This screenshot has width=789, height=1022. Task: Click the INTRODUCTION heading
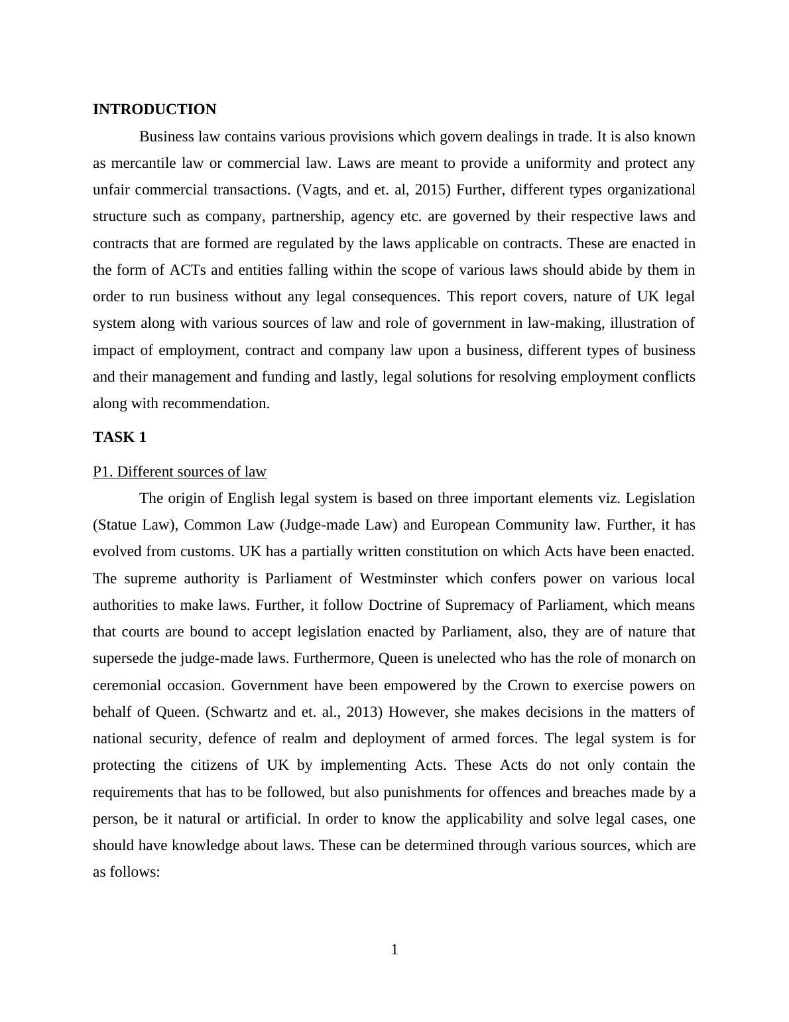coord(154,110)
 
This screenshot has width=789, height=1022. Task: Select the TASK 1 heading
coord(119,437)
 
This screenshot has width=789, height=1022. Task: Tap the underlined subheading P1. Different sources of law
coord(180,472)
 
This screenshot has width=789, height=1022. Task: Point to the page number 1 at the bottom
coord(394,950)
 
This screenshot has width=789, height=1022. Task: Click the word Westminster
coord(398,579)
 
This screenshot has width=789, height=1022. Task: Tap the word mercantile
coord(143,163)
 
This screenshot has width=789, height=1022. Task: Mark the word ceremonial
coord(125,686)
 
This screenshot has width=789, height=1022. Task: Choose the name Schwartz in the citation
coord(239,712)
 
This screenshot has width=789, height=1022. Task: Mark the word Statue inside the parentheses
coord(116,525)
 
